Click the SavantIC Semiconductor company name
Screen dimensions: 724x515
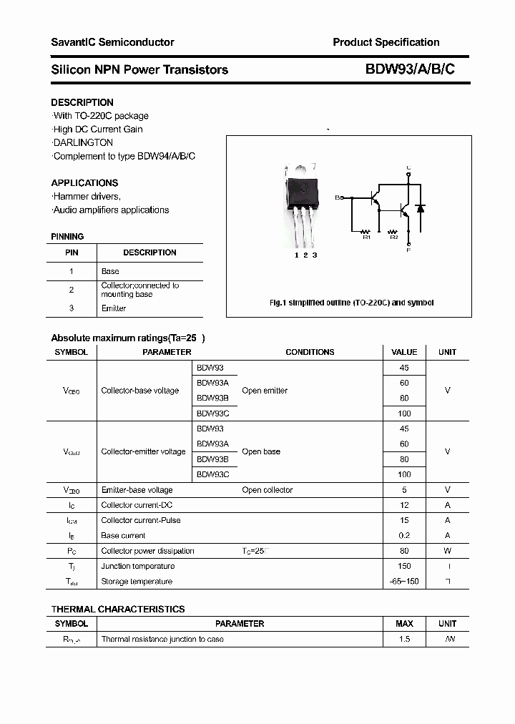tap(112, 42)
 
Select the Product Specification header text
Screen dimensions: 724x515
tap(386, 42)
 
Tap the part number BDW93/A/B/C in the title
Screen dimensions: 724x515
tap(410, 69)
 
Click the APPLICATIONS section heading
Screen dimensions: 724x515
tap(84, 182)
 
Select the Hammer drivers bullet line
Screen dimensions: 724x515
tap(87, 196)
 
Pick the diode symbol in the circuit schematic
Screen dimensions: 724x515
tap(421, 208)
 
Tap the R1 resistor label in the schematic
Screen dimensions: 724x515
tap(366, 237)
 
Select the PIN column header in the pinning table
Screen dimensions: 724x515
tap(72, 253)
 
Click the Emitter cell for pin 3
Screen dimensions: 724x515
tap(114, 308)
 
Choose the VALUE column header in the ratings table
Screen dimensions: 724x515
tap(404, 352)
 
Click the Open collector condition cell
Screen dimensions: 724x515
tap(267, 490)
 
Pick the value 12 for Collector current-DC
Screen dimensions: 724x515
tap(404, 505)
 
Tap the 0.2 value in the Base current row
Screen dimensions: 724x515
tap(404, 535)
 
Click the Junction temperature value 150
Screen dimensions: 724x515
tap(404, 566)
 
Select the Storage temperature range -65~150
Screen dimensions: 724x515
tap(404, 582)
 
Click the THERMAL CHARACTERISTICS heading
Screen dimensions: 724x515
tap(118, 609)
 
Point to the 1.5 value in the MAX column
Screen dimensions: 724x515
tap(404, 639)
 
